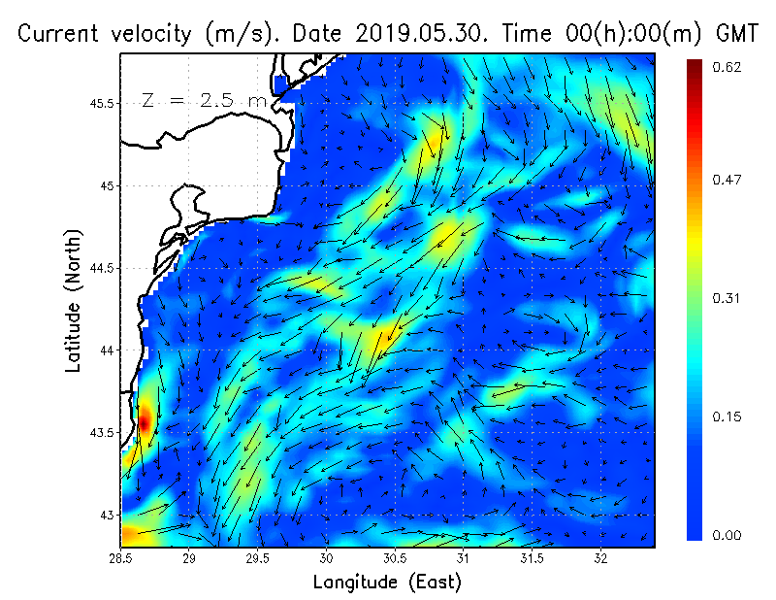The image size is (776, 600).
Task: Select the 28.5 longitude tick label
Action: coord(121,557)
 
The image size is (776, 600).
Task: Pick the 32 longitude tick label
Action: coord(600,557)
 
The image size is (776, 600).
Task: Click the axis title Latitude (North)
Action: coord(74,301)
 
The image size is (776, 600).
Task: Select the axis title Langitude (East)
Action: coord(387,582)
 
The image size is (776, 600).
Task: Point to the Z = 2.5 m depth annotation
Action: coord(204,100)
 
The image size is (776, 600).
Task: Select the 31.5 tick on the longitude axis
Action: coord(533,557)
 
